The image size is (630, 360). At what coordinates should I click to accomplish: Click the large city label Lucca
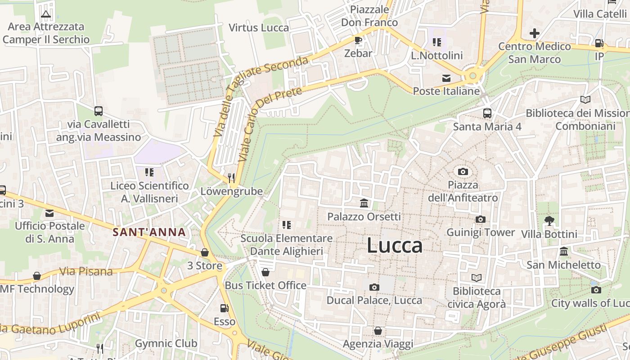(395, 246)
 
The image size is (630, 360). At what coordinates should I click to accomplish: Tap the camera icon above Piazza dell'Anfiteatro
(463, 171)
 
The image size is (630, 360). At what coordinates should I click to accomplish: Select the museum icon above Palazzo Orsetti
(364, 204)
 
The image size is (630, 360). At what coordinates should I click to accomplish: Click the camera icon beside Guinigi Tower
(481, 219)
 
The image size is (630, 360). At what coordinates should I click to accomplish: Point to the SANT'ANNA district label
(149, 232)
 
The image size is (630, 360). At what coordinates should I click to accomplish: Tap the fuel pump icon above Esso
(224, 308)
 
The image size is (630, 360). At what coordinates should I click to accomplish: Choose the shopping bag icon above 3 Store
(205, 252)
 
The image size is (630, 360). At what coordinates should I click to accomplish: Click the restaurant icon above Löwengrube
(231, 178)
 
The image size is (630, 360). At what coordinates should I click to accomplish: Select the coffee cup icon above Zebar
(358, 40)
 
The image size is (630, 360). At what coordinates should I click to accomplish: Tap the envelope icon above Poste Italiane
(446, 78)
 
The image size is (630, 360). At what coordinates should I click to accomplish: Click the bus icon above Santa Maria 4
(487, 113)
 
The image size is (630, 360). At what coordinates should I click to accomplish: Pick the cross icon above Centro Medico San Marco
(534, 33)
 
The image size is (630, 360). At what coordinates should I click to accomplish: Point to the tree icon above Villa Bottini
(549, 220)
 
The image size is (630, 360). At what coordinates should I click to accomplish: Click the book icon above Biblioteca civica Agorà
(476, 278)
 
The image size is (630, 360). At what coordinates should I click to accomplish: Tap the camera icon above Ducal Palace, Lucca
(374, 287)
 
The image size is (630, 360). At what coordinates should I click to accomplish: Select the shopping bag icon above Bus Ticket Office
(265, 272)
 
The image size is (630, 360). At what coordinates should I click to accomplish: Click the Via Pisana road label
(86, 271)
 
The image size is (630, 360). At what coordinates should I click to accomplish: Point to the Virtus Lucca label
(259, 28)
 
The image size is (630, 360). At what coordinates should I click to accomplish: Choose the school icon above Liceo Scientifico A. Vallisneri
(149, 172)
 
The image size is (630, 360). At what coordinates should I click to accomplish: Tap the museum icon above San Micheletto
(563, 251)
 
